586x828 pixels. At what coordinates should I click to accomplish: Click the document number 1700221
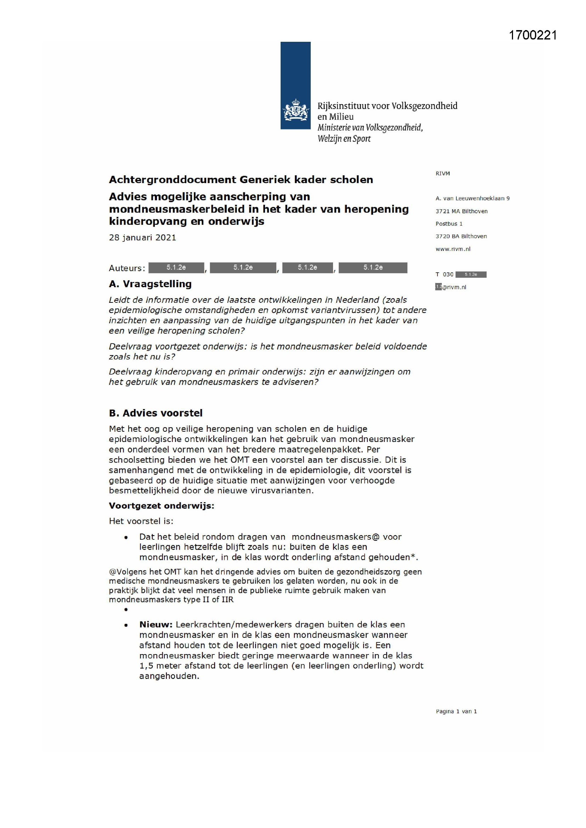[533, 35]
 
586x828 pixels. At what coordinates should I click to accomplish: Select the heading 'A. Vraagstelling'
[150, 284]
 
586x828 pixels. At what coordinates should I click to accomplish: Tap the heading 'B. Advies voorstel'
[156, 413]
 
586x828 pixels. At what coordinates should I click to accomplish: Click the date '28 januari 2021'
[142, 238]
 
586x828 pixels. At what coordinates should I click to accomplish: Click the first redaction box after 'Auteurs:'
[176, 268]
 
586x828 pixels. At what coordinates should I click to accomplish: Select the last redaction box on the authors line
[373, 268]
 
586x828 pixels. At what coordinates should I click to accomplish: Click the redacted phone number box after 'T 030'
[471, 274]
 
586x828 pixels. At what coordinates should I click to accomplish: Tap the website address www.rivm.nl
[453, 249]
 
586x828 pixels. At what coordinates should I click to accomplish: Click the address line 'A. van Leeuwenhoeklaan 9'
[472, 198]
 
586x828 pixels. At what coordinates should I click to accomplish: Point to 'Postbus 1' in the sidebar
[449, 223]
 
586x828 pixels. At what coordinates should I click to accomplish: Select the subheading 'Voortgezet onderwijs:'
[162, 506]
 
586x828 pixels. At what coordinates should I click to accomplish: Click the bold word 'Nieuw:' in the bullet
[156, 625]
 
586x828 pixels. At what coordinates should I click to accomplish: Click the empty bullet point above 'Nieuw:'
[126, 610]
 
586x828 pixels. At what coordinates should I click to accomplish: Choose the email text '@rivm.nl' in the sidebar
[454, 288]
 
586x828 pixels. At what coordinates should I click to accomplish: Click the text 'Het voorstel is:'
[141, 521]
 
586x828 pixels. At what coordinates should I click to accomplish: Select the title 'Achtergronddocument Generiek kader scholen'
[241, 180]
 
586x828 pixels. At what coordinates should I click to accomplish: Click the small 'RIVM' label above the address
[443, 174]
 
